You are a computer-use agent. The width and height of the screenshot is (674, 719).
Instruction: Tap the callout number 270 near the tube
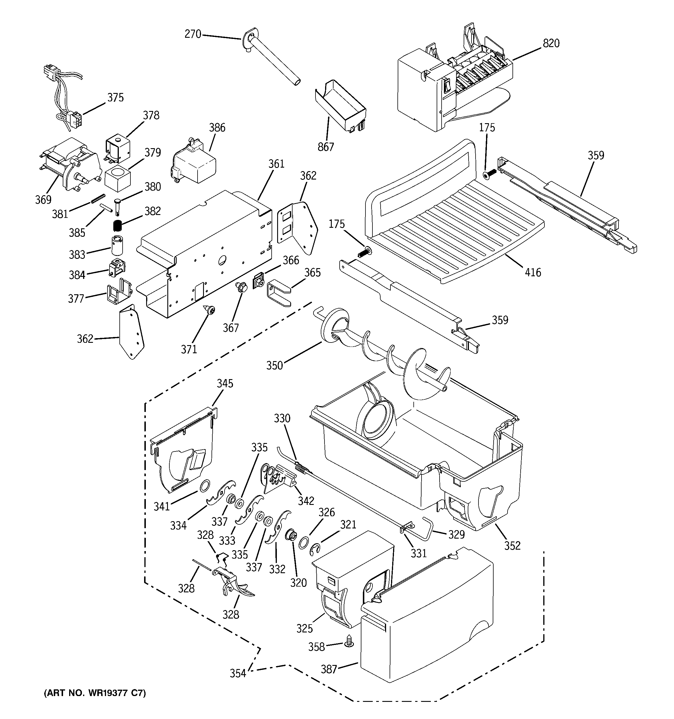click(193, 34)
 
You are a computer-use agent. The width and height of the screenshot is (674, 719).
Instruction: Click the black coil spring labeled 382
click(116, 226)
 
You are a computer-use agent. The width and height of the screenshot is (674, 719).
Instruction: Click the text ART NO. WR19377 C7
click(95, 693)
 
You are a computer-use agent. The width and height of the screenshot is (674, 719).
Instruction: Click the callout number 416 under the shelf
click(533, 272)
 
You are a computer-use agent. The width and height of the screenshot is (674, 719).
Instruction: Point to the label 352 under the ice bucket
click(512, 545)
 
